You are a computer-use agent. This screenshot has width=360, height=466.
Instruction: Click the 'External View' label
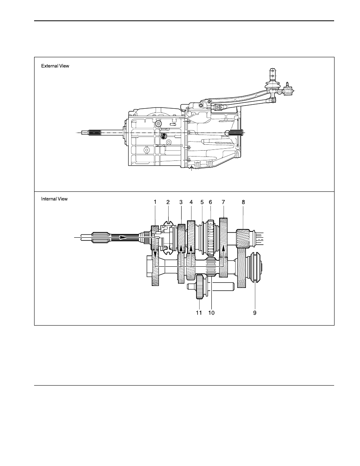pyautogui.click(x=55, y=66)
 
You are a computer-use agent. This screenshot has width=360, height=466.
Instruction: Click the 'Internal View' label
pyautogui.click(x=55, y=199)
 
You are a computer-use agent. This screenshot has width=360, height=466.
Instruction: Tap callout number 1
pyautogui.click(x=155, y=202)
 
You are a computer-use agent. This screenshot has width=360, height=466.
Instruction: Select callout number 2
pyautogui.click(x=168, y=202)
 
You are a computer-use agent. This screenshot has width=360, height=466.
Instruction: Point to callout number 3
pyautogui.click(x=181, y=202)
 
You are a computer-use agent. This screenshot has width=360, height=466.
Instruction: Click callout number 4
pyautogui.click(x=191, y=202)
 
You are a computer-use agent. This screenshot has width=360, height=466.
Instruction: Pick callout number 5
pyautogui.click(x=202, y=202)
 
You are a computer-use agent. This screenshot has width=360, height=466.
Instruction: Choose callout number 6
pyautogui.click(x=210, y=202)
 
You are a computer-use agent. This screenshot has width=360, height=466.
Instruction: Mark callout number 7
pyautogui.click(x=224, y=202)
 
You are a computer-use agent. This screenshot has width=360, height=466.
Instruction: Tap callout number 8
pyautogui.click(x=243, y=202)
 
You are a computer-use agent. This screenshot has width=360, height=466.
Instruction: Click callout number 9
pyautogui.click(x=255, y=313)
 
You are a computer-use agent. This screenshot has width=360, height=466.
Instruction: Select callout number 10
pyautogui.click(x=211, y=313)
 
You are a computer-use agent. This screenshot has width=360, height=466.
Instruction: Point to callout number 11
pyautogui.click(x=199, y=313)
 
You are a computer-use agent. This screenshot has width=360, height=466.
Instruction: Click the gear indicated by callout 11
pyautogui.click(x=200, y=287)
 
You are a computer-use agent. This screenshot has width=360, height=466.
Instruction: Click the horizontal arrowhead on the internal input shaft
pyautogui.click(x=122, y=237)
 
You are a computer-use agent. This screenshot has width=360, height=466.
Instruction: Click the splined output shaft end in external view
pyautogui.click(x=236, y=133)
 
